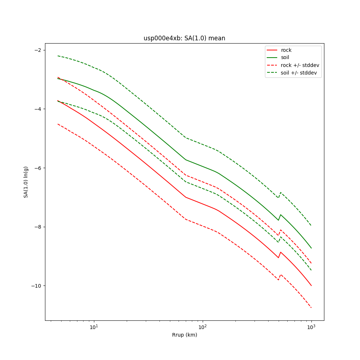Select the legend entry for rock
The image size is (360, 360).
[x=286, y=50]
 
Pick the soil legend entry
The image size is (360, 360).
[x=285, y=57]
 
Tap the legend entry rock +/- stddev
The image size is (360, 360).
[x=300, y=65]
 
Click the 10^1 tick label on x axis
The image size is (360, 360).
[x=94, y=327]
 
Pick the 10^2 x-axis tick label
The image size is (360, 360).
[x=203, y=327]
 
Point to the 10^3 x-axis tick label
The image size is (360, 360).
[x=311, y=327]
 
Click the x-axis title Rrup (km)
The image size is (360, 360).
[x=184, y=335]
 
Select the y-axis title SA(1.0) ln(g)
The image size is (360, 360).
[x=26, y=182]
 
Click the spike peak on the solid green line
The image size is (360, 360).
[x=280, y=215]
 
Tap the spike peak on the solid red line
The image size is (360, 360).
[x=280, y=252]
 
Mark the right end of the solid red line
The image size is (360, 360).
[x=311, y=286]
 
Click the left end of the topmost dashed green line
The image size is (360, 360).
[x=58, y=56]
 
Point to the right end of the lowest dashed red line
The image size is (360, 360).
[x=311, y=308]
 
